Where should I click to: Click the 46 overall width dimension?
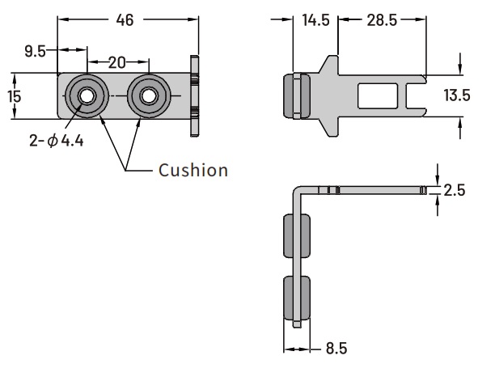[125, 20]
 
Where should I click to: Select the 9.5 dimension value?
[36, 51]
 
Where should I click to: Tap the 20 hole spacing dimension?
[117, 62]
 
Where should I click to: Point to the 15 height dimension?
[15, 96]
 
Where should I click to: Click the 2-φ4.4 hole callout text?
[57, 141]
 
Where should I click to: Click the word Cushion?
[193, 171]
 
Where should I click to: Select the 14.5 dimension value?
[315, 20]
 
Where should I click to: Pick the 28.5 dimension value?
[382, 20]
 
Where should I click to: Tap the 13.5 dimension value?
[457, 95]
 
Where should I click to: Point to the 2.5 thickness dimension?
[455, 190]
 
